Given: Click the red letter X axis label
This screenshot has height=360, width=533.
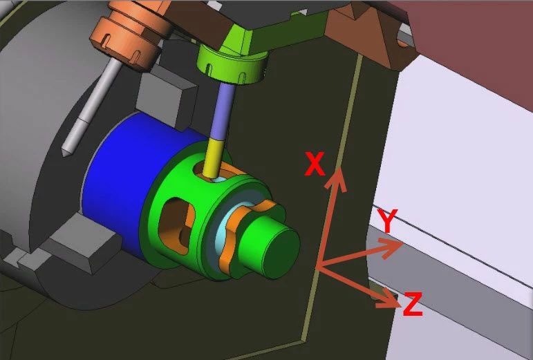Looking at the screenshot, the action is [315, 164].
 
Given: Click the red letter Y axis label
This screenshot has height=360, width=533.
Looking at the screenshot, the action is [387, 220].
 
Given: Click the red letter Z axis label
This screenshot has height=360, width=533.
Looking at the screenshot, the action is [413, 304].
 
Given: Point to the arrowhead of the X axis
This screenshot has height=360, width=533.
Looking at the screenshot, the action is [337, 178].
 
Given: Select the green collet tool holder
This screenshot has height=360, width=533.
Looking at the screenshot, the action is [234, 64].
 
